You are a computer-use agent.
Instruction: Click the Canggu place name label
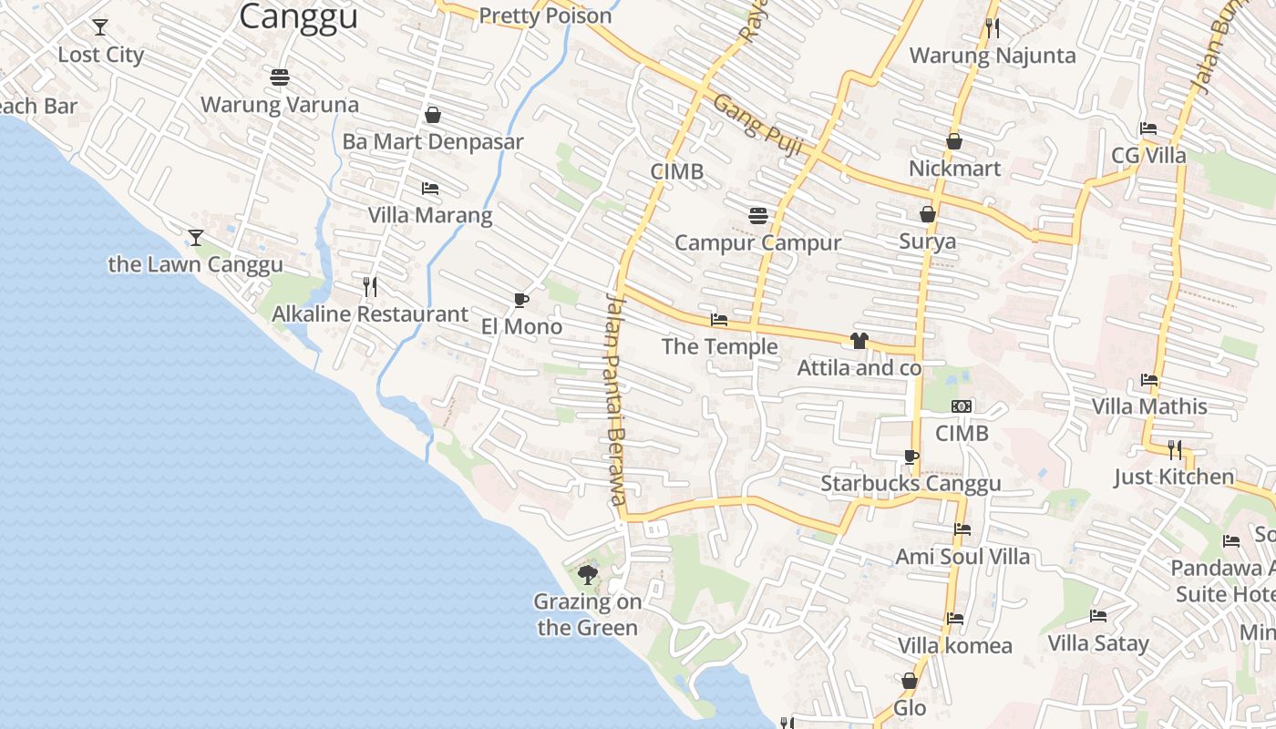299,16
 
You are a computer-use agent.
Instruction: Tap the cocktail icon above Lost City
100,27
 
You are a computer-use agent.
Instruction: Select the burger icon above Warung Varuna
280,77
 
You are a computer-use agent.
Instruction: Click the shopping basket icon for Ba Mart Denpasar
433,115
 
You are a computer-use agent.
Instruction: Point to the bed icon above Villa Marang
430,189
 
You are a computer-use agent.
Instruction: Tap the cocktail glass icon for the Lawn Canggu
196,238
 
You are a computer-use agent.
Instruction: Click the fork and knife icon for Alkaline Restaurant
370,287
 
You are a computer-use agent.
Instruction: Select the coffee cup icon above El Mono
520,300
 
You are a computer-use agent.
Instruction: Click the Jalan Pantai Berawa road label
617,398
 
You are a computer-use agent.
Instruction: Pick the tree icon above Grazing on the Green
588,574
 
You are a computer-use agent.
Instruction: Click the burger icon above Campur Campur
757,216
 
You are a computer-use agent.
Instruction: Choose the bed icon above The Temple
719,320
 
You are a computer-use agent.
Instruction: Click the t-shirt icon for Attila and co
859,341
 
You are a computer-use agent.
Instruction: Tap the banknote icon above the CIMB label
962,406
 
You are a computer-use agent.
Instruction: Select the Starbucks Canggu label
911,484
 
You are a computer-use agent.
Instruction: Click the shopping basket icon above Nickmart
954,141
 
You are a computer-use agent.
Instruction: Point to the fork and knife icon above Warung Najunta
993,28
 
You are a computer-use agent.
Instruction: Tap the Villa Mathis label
1149,406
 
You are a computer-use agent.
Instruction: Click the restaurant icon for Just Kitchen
1175,450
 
